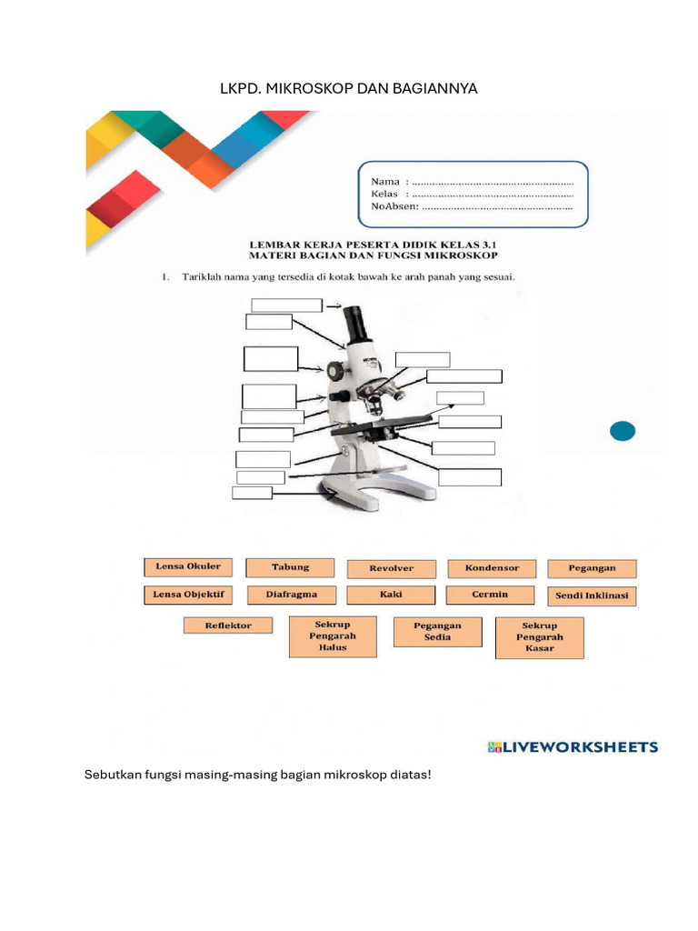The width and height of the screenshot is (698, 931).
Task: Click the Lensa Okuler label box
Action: [188, 567]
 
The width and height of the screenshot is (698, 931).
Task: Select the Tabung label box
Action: [290, 567]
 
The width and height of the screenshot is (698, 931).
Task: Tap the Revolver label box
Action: [391, 569]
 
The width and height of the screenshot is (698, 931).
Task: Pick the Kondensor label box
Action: [492, 568]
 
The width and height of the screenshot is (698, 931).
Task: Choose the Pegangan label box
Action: [592, 568]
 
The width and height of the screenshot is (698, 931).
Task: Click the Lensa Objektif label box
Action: [188, 596]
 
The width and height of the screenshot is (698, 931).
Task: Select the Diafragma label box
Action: [291, 596]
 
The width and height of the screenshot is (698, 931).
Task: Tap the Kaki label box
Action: [391, 596]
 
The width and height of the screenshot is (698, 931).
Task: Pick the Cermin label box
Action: [490, 595]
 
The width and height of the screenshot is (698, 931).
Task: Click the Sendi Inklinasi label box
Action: [592, 596]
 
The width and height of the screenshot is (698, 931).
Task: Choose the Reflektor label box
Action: [228, 626]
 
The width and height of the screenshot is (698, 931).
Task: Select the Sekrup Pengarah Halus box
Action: [332, 636]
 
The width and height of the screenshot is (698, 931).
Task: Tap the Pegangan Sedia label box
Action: [437, 632]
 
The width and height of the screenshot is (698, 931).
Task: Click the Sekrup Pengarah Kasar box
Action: [539, 637]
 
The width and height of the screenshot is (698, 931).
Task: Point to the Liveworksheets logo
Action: [573, 747]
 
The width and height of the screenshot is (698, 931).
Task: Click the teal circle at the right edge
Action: [623, 432]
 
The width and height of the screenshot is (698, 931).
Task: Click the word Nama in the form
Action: [384, 182]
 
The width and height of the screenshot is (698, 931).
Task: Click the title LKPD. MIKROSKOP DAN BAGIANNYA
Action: [348, 88]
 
